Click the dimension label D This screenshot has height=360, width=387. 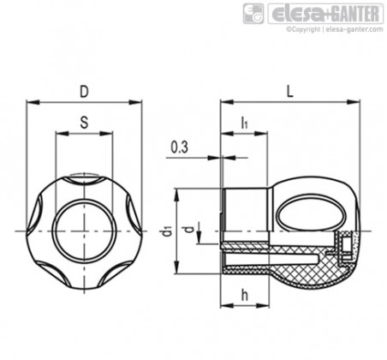(84, 92)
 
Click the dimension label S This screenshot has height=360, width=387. (84, 123)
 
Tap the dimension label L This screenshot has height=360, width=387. (289, 92)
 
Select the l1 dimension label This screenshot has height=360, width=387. (244, 123)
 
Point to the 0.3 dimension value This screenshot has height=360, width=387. (180, 147)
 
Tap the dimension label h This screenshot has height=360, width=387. (245, 295)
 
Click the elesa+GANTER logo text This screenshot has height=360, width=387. (325, 14)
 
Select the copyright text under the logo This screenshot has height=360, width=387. (335, 29)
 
